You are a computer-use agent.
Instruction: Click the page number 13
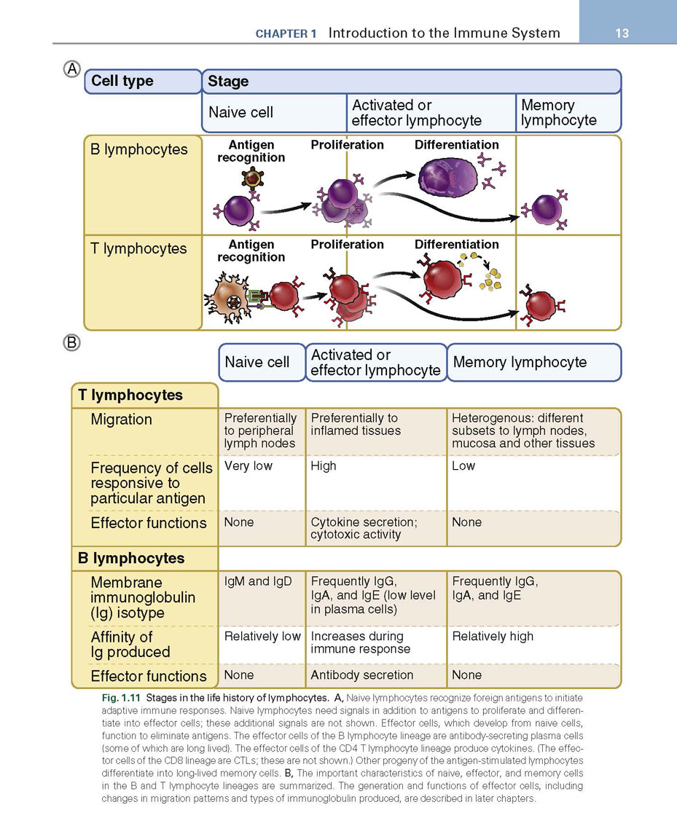[x=622, y=33]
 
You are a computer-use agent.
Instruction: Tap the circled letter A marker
[x=72, y=68]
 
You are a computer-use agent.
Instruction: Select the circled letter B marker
[x=72, y=342]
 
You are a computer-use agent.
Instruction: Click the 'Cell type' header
[x=122, y=81]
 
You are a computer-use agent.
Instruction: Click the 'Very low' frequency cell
[x=248, y=466]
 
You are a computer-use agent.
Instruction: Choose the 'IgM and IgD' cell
[x=258, y=581]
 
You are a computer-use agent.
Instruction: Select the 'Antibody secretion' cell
[x=362, y=675]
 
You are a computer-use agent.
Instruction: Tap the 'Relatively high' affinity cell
[x=493, y=636]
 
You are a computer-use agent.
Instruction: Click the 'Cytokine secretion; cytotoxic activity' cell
[x=364, y=528]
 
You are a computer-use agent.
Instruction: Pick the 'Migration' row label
[x=122, y=420]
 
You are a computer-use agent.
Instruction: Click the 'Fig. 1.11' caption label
[x=121, y=698]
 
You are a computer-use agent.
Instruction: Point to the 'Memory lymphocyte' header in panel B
[x=520, y=362]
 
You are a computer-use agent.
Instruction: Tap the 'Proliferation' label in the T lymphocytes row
[x=347, y=244]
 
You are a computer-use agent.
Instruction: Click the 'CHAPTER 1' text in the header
[x=286, y=34]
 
